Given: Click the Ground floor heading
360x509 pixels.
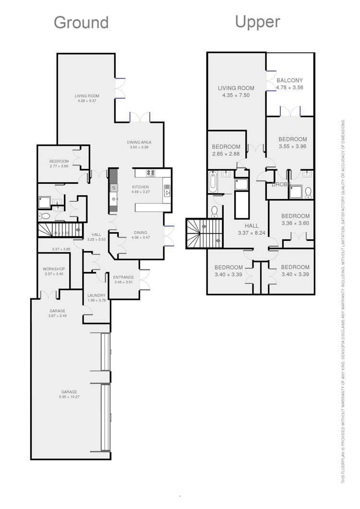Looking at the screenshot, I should [x=81, y=23].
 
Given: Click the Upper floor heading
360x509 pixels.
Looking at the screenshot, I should [x=257, y=22].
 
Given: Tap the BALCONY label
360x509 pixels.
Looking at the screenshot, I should [x=289, y=81].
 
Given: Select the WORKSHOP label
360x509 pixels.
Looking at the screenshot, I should [x=54, y=269].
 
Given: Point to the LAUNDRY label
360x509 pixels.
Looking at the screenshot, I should [x=96, y=296].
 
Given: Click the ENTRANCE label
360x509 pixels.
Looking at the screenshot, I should [x=123, y=277].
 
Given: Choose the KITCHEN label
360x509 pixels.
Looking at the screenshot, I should [x=141, y=187].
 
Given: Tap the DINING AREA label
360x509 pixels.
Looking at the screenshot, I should [x=139, y=142].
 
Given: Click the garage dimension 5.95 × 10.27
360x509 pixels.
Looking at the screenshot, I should [x=69, y=397].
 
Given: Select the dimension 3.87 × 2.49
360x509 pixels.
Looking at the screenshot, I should [x=58, y=316].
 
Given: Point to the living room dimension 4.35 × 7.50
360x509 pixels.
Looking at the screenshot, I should [x=236, y=95].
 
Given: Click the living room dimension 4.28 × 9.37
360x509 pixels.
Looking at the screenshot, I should [x=87, y=101].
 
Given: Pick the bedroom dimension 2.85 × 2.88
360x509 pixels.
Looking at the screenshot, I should [x=226, y=154].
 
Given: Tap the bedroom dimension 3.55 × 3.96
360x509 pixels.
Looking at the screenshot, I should [x=292, y=146].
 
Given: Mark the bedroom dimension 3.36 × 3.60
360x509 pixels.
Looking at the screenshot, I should [x=295, y=223].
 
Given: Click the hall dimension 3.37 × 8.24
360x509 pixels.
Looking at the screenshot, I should [x=252, y=233].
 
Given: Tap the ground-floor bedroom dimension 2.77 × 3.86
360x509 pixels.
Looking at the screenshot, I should [x=59, y=166].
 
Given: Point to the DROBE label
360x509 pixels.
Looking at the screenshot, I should [x=280, y=184].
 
